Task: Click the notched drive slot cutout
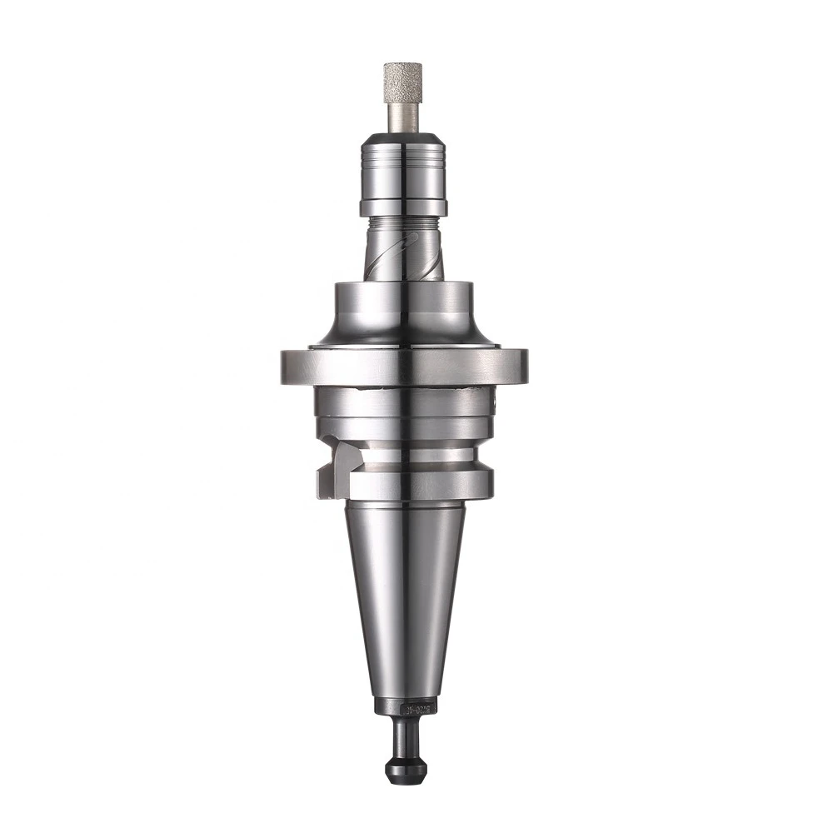tap(331, 471)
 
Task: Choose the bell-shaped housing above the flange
tap(404, 312)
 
